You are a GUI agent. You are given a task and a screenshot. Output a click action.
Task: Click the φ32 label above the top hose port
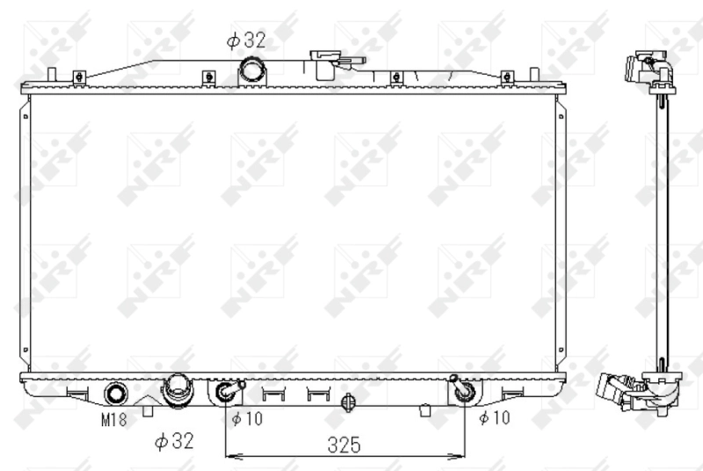(x=246, y=40)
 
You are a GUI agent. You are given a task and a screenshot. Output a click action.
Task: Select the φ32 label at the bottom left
(x=174, y=441)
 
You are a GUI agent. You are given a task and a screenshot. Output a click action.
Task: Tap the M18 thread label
(x=114, y=419)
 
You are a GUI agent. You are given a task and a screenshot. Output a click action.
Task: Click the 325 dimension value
(x=344, y=445)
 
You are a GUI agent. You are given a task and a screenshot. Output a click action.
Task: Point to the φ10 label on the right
(x=495, y=417)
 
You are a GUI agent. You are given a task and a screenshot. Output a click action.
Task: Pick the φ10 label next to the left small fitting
(x=247, y=418)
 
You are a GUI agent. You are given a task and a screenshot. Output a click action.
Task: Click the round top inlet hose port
(x=252, y=69)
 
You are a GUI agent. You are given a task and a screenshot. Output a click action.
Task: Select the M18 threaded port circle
(x=116, y=394)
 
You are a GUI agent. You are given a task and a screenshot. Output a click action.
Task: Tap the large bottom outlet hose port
(x=179, y=391)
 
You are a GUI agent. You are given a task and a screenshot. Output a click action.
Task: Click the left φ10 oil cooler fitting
(x=228, y=391)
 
